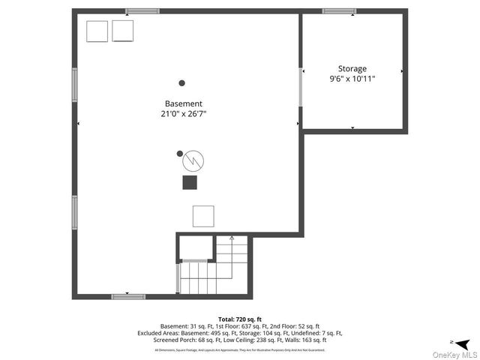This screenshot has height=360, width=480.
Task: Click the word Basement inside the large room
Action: (x=184, y=103)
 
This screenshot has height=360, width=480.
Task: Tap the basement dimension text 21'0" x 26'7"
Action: (x=184, y=114)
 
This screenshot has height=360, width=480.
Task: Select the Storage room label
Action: (x=352, y=68)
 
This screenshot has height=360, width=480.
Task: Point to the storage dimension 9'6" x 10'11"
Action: (x=352, y=79)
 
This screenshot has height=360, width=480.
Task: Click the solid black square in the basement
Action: (x=190, y=182)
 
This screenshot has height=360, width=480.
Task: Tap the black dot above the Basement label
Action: (x=181, y=83)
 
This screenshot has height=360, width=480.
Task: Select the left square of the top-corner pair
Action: (x=97, y=31)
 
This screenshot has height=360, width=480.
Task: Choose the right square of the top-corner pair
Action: (x=122, y=31)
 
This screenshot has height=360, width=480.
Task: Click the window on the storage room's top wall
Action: (x=339, y=11)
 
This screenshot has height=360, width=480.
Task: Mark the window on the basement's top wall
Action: (x=142, y=11)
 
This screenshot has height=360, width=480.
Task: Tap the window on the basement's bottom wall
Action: (x=128, y=297)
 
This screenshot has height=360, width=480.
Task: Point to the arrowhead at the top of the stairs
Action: (x=232, y=238)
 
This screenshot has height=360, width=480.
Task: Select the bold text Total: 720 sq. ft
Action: (x=240, y=319)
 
